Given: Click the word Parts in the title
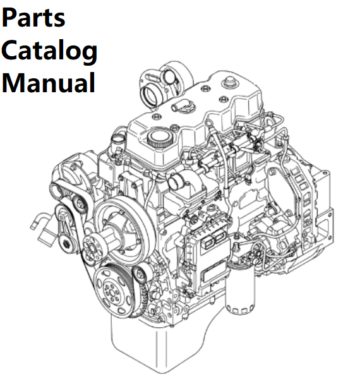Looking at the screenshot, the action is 33,18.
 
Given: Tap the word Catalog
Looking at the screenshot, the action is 49,51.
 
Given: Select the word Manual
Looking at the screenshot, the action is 49,83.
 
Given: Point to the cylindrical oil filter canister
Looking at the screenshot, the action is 240,289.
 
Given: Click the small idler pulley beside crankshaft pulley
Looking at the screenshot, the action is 140,275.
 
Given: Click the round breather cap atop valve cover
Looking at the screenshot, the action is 230,81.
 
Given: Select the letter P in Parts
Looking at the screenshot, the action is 9,18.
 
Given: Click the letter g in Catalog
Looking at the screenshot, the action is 88,54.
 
